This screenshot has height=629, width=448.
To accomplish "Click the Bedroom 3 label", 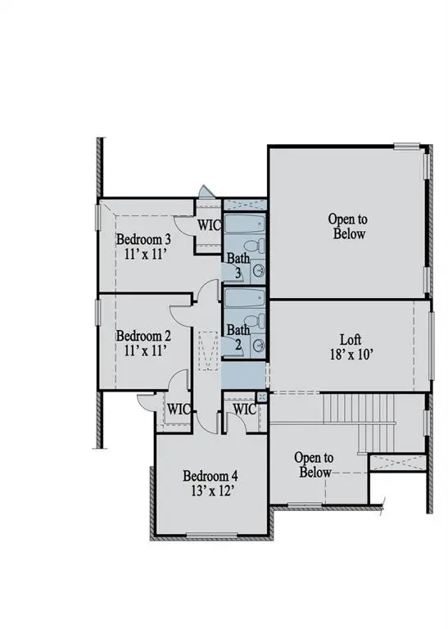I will click(x=143, y=239).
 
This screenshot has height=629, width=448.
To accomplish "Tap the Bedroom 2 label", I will click(x=143, y=336).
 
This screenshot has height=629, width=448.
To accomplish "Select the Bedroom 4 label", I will click(x=210, y=476).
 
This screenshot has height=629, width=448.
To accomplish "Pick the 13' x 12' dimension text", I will click(x=210, y=491).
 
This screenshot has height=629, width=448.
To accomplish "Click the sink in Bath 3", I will click(x=259, y=270).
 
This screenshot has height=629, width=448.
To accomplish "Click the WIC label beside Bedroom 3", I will click(x=208, y=224).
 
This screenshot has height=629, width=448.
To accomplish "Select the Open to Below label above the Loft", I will click(x=346, y=226).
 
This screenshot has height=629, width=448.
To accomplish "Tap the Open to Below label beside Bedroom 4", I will click(x=314, y=465).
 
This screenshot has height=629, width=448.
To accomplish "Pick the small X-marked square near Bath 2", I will click(x=262, y=396).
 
